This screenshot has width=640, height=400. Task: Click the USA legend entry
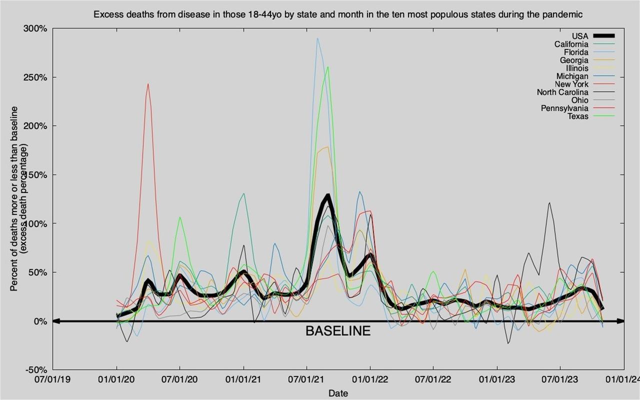pos(580,36)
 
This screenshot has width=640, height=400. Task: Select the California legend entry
pos(571,44)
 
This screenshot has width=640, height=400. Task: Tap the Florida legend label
pos(576,52)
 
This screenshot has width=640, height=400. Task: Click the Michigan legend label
pos(573,76)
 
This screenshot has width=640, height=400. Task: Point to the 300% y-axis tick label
pos(35,28)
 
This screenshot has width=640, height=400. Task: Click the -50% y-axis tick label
pos(35,369)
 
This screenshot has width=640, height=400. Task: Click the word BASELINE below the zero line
pos(338,331)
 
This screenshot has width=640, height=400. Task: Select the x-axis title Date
pos(338,393)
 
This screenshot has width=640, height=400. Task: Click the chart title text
pos(338,14)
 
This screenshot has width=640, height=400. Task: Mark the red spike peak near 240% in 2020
pos(148,84)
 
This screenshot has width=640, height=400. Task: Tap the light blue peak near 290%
pos(317,38)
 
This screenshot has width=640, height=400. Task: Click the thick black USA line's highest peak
pos(328,195)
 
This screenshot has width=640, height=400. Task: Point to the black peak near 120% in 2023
pos(549,203)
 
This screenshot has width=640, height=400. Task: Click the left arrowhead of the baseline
pos(56,321)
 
